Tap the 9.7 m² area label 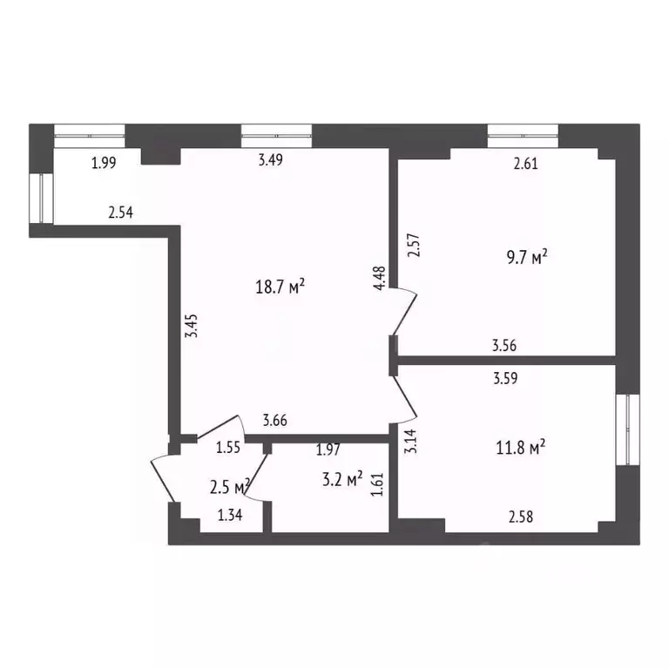(527, 257)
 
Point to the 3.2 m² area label (341, 478)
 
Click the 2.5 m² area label (231, 485)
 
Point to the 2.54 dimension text (120, 212)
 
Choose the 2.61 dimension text (526, 162)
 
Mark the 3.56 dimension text (504, 346)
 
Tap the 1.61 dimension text (378, 483)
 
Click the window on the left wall (40, 199)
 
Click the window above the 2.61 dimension (523, 132)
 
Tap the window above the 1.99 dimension (90, 132)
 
